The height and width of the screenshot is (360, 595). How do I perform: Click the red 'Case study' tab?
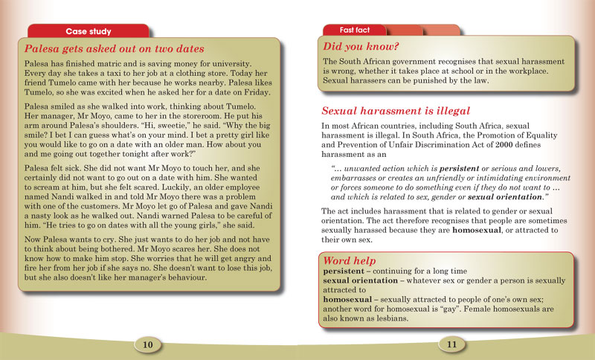click(89, 31)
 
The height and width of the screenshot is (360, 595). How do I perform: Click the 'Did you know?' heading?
click(353, 47)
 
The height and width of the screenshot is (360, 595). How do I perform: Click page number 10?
click(148, 344)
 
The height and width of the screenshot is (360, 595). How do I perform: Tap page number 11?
click(451, 344)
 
